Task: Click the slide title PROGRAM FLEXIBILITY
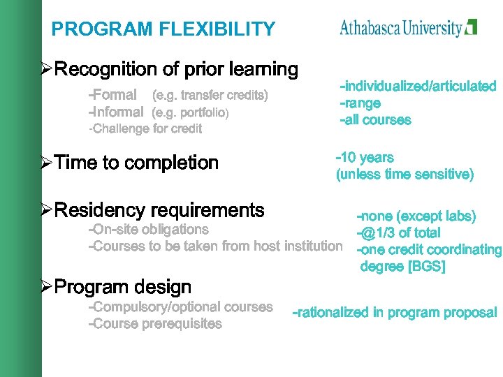click(163, 29)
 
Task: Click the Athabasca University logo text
click(401, 28)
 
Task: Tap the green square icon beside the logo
click(472, 27)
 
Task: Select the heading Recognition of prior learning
click(176, 70)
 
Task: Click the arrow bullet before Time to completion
click(46, 163)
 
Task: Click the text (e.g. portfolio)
click(190, 112)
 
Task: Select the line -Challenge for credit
click(145, 128)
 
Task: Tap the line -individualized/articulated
click(418, 87)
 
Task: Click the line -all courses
click(375, 120)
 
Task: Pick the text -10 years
click(365, 158)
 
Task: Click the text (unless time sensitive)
click(404, 175)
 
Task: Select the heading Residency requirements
click(159, 210)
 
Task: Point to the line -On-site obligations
click(148, 230)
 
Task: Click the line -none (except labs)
click(416, 216)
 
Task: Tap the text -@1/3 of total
click(398, 232)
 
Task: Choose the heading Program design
click(122, 287)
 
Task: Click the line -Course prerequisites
click(155, 324)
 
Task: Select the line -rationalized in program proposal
click(395, 313)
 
